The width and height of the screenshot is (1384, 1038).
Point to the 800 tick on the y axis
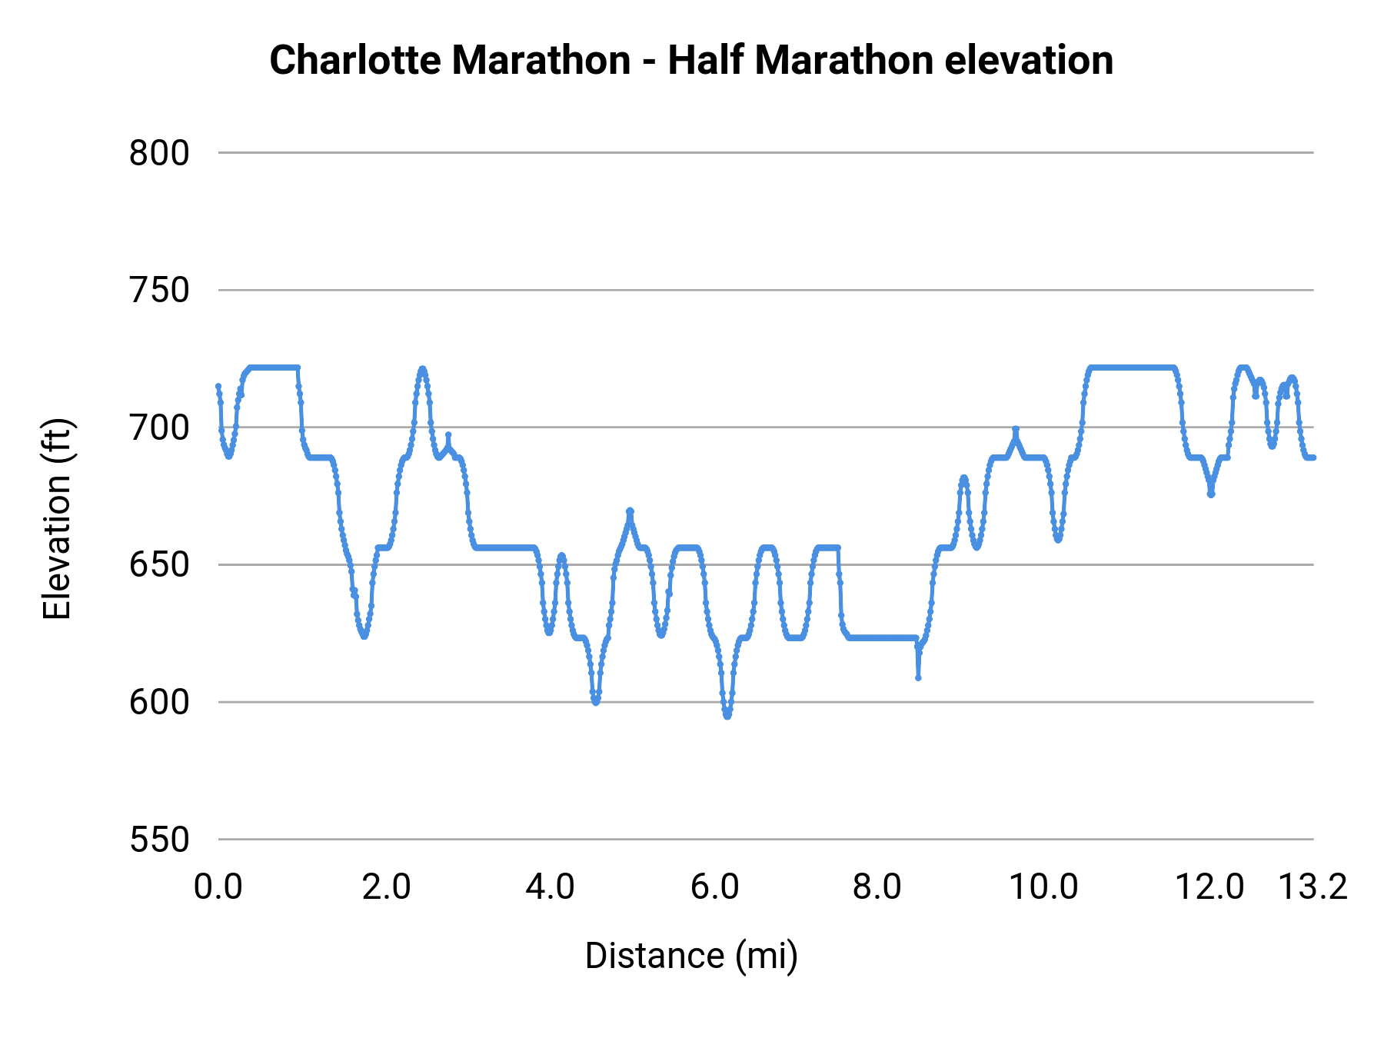159,153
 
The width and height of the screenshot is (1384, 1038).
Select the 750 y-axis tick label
159,291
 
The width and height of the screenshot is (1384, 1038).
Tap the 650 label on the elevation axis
159,565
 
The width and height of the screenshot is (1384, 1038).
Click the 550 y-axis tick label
159,840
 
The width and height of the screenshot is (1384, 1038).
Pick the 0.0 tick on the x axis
218,887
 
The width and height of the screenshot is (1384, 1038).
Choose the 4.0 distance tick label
550,887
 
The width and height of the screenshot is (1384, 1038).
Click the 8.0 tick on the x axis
877,887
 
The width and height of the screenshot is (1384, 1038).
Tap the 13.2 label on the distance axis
1312,887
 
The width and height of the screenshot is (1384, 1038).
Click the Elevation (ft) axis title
57,519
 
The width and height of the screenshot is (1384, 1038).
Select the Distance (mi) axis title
691,956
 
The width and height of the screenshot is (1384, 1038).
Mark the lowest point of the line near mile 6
727,716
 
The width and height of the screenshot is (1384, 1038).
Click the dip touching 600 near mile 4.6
596,701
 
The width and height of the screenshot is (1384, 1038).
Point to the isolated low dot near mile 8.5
918,677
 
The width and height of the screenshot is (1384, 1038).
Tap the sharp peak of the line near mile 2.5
422,369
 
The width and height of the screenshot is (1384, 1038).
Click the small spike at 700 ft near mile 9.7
1015,429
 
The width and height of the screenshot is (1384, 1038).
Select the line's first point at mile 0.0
218,386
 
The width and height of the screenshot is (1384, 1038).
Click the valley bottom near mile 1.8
364,636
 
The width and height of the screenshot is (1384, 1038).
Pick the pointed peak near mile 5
630,511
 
